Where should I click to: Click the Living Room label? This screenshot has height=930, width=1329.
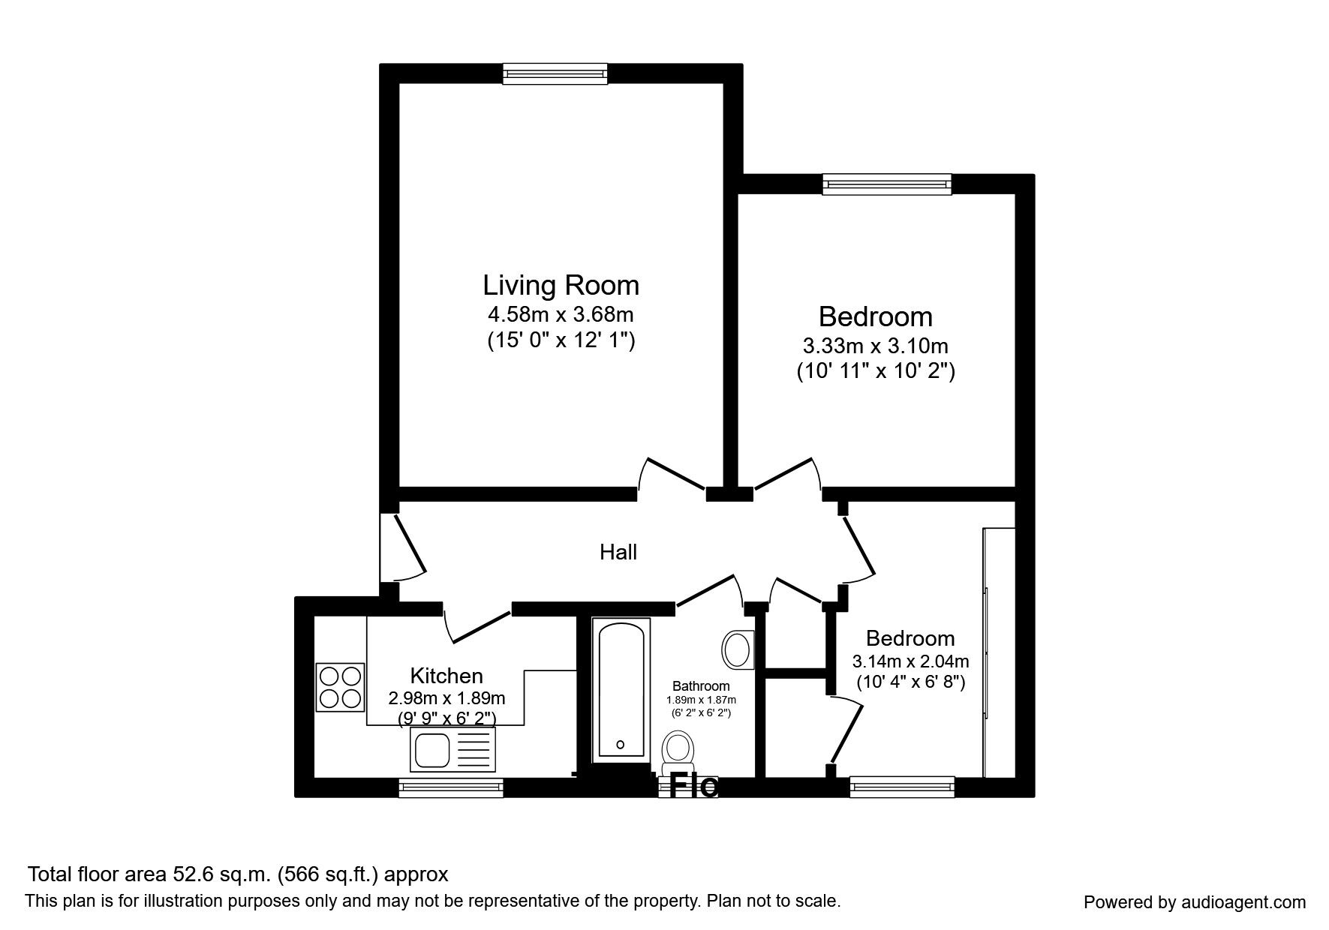(x=561, y=286)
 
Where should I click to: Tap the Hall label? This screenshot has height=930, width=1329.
(x=618, y=553)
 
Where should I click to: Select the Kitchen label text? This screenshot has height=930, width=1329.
(x=446, y=675)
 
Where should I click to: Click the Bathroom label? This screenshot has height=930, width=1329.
(x=701, y=686)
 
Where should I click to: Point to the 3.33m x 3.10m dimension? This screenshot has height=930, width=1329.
(x=875, y=346)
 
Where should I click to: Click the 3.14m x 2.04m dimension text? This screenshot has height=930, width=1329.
(x=910, y=661)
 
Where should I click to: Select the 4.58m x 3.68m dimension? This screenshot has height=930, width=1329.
(x=561, y=314)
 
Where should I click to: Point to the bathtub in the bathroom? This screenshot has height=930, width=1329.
(x=620, y=690)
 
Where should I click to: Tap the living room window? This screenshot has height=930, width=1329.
(x=555, y=73)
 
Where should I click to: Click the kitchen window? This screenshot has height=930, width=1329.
(x=450, y=787)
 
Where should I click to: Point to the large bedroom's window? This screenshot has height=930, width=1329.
(x=886, y=184)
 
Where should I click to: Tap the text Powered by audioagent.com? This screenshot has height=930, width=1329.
(x=1195, y=902)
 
